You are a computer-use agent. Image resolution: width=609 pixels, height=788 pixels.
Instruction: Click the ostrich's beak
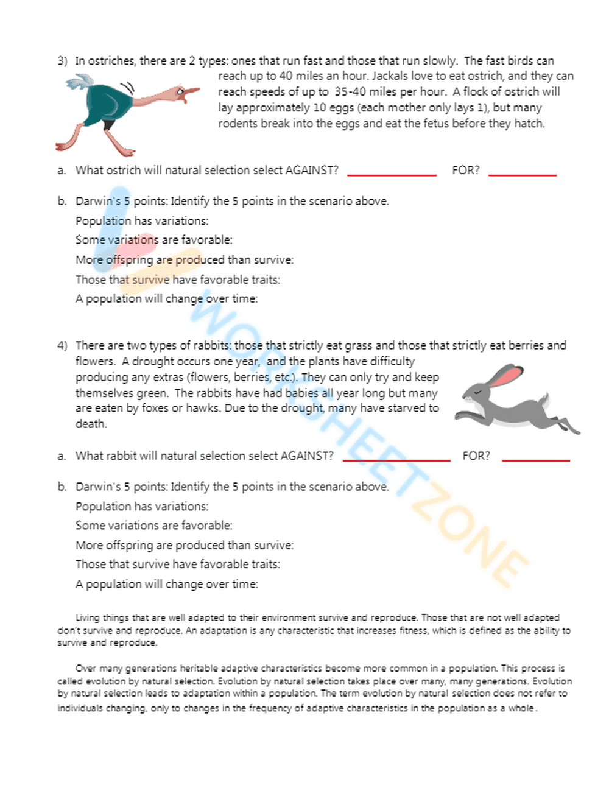191,93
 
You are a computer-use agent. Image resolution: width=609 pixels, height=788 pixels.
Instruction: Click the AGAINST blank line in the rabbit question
396,459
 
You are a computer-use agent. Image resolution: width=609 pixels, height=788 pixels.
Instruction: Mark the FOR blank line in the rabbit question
535,459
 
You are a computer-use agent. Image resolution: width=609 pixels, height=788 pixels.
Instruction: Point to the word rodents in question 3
238,124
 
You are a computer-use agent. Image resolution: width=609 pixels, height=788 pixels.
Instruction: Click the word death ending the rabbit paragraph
90,424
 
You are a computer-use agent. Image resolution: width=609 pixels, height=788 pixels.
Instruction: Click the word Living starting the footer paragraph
87,617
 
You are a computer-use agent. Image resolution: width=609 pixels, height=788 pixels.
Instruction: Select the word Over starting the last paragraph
86,668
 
